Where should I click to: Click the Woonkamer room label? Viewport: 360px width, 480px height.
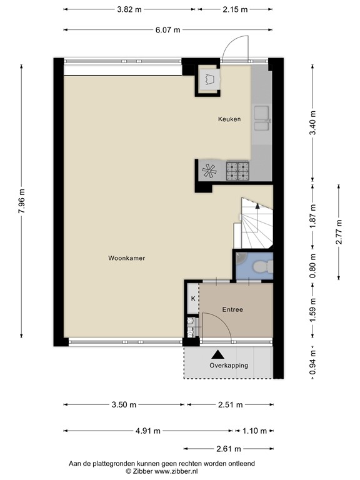pyautogui.click(x=127, y=257)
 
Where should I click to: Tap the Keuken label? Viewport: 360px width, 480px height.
pyautogui.click(x=229, y=119)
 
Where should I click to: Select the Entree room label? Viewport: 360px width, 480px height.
pyautogui.click(x=232, y=309)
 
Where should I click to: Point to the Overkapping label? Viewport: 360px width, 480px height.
pyautogui.click(x=229, y=366)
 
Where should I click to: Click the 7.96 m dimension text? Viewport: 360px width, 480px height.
pyautogui.click(x=22, y=202)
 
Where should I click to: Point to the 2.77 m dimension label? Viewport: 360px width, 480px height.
pyautogui.click(x=339, y=232)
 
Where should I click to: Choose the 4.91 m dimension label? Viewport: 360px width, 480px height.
pyautogui.click(x=148, y=431)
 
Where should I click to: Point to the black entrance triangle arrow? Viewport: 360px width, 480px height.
pyautogui.click(x=217, y=354)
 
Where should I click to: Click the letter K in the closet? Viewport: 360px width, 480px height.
pyautogui.click(x=193, y=298)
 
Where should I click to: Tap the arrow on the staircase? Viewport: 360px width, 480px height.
pyautogui.click(x=257, y=206)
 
